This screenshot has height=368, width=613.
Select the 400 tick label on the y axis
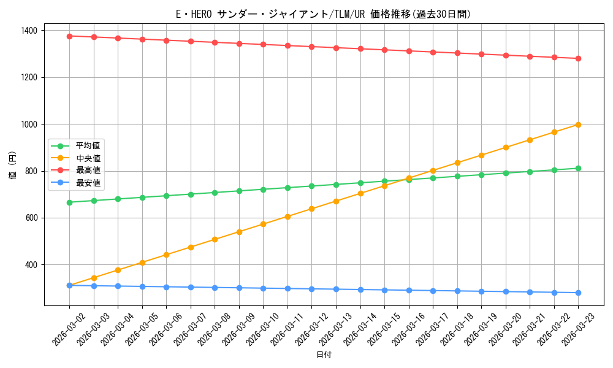(31, 265)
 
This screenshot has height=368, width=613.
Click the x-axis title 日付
(324, 355)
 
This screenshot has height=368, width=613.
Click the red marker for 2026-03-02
(69, 36)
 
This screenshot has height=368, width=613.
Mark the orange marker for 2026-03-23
(578, 125)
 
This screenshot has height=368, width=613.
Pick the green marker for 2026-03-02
(69, 202)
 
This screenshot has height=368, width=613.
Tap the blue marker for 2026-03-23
(578, 293)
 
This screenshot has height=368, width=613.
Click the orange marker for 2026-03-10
(263, 224)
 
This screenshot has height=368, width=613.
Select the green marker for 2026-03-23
(578, 168)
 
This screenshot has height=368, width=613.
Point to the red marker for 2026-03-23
(578, 58)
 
